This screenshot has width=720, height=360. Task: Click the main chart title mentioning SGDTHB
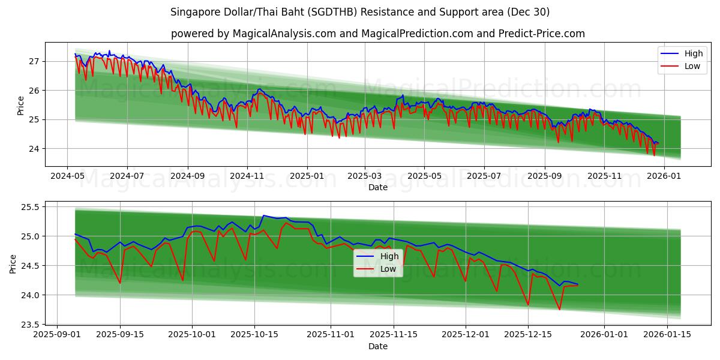coord(360,12)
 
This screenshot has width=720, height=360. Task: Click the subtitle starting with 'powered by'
coord(378,34)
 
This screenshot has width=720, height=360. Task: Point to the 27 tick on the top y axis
coord(34,61)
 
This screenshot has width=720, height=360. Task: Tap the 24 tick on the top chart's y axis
coord(34,149)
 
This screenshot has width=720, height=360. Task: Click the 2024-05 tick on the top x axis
coord(67,176)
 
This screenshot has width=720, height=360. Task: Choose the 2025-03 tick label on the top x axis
coord(365,176)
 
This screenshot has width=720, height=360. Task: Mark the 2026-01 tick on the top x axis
coord(664,176)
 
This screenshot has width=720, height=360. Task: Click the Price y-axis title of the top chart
coord(20,106)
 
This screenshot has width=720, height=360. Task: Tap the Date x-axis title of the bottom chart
coord(378,346)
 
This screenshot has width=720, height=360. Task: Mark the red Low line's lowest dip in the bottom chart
coord(559,310)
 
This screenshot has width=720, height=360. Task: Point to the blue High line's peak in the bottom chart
coord(263,215)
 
